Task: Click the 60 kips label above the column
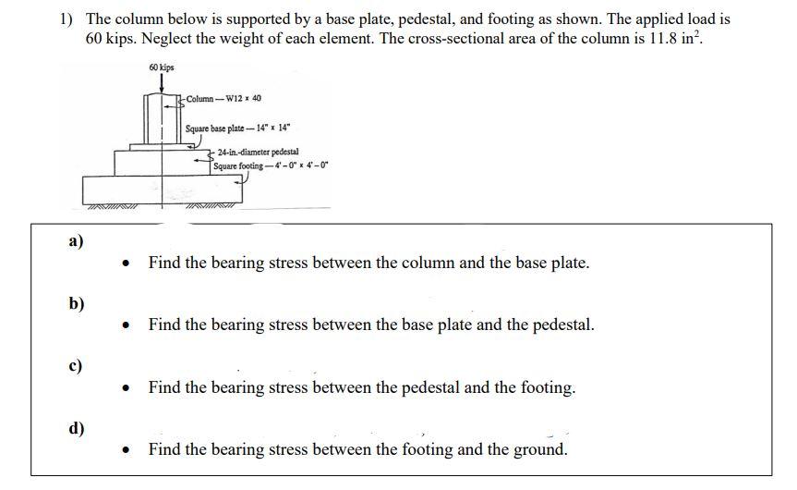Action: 161,67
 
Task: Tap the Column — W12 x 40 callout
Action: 223,98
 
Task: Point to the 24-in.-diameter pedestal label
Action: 258,152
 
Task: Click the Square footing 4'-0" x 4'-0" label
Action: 271,165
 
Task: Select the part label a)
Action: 76,241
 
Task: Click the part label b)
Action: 77,304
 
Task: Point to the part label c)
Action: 76,366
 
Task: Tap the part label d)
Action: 77,428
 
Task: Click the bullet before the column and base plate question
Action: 127,263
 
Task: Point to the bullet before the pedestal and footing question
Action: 127,388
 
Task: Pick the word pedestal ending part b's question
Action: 562,325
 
